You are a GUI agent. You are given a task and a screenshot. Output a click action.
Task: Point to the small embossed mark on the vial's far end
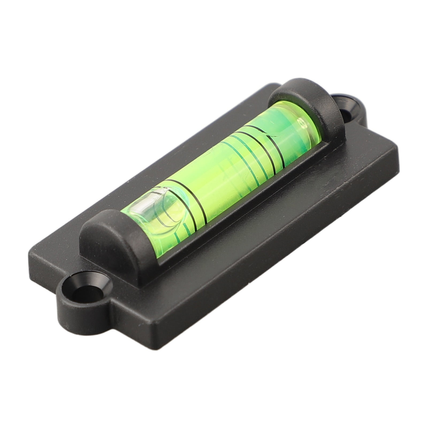coord(305,126)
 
